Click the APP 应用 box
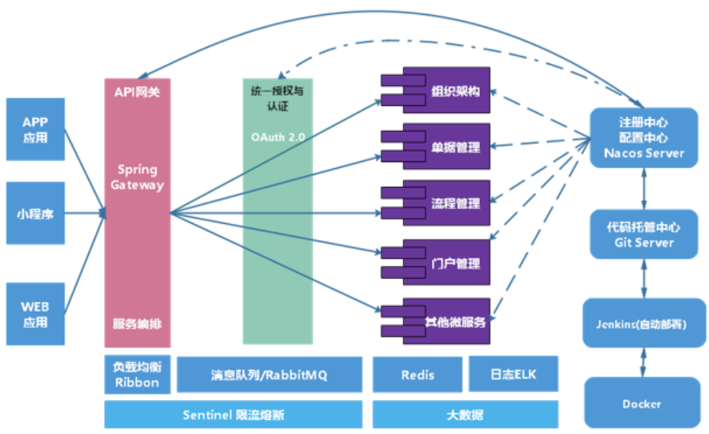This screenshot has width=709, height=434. (35, 130)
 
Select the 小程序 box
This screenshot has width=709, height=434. (35, 213)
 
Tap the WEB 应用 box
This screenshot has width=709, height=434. (35, 314)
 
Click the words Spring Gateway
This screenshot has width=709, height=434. (137, 177)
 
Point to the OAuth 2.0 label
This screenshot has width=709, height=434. (278, 137)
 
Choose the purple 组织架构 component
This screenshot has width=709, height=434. (436, 90)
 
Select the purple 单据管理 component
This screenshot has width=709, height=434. (436, 146)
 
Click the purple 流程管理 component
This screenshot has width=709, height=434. (436, 202)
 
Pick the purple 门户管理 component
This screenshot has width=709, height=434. (436, 262)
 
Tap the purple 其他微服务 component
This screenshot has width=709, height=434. (436, 321)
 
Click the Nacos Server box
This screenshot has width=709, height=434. (644, 137)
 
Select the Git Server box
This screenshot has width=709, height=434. (644, 234)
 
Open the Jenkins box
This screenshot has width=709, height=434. (644, 323)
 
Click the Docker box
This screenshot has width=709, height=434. (643, 403)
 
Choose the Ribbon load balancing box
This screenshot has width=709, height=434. (137, 374)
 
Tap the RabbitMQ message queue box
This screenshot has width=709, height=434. (269, 374)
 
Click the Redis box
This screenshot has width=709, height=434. (418, 374)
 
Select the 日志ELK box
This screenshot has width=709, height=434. (513, 374)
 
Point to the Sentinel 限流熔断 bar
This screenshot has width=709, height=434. (233, 414)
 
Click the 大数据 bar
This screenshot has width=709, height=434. (465, 414)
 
